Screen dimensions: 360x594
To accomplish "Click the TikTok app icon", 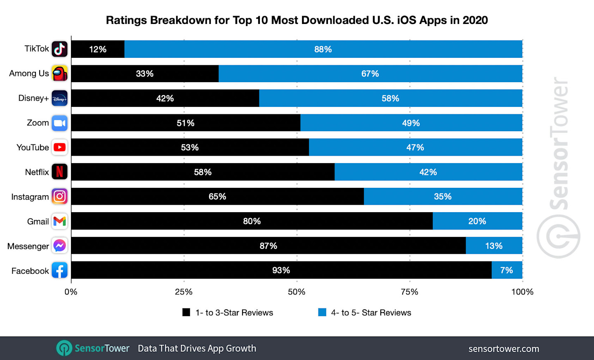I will pyautogui.click(x=59, y=49).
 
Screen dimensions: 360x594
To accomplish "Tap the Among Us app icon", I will pyautogui.click(x=59, y=73).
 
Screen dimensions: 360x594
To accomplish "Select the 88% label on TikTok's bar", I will pyautogui.click(x=323, y=50).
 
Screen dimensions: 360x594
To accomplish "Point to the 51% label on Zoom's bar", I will pyautogui.click(x=185, y=123).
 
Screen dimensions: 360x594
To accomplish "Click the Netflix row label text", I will pyautogui.click(x=37, y=172).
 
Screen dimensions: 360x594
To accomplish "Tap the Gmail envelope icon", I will pyautogui.click(x=59, y=221).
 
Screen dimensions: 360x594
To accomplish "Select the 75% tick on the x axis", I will pyautogui.click(x=409, y=292).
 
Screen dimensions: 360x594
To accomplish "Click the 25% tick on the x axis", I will pyautogui.click(x=184, y=292).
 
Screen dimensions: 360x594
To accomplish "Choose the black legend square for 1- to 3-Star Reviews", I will pyautogui.click(x=186, y=312).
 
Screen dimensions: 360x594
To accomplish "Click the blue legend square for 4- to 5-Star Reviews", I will pyautogui.click(x=322, y=312).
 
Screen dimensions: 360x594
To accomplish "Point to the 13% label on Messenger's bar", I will pyautogui.click(x=493, y=246).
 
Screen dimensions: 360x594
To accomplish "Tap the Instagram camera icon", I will pyautogui.click(x=59, y=197).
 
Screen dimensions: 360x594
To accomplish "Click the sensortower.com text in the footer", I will pyautogui.click(x=503, y=349).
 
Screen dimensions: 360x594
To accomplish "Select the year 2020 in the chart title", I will pyautogui.click(x=475, y=20).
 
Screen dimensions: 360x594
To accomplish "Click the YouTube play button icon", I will pyautogui.click(x=59, y=147).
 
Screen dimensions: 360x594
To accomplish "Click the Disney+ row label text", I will pyautogui.click(x=33, y=98).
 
